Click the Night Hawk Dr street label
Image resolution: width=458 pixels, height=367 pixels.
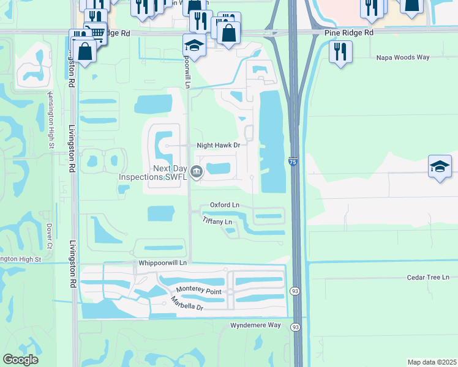218,146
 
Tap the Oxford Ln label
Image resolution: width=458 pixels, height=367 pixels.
224,205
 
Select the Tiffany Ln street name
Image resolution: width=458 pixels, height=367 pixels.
217,221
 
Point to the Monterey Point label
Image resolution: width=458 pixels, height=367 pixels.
199,291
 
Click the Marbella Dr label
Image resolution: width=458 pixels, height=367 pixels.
187,303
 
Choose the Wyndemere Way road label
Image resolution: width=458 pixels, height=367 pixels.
255,325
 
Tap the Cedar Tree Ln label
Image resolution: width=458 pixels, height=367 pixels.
428,277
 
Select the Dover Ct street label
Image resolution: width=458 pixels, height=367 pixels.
50,235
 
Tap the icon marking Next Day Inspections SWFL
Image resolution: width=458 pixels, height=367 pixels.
197,172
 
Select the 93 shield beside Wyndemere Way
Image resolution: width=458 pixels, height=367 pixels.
296,327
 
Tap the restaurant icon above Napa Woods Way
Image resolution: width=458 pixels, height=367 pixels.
340,51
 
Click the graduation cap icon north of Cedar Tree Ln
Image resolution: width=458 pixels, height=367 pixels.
439,167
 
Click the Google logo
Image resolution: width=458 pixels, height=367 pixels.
20,360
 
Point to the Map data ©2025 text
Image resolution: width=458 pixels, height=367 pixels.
431,362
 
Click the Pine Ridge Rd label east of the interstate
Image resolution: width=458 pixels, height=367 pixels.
347,31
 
